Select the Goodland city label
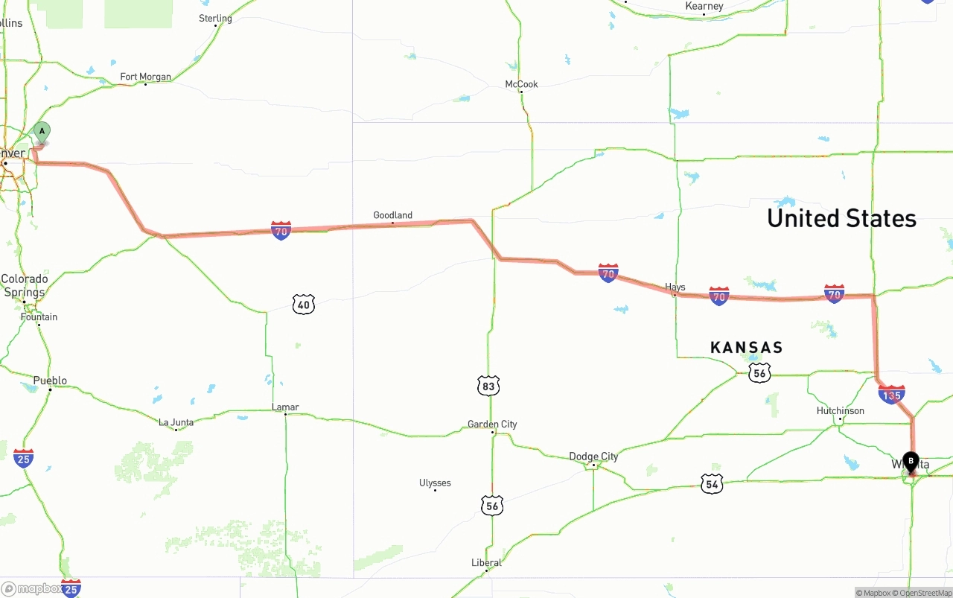(x=392, y=215)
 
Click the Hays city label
(x=675, y=287)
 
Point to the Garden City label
(x=492, y=424)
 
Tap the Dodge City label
(x=593, y=457)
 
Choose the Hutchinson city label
(x=841, y=411)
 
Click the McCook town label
(x=521, y=84)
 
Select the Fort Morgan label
(x=145, y=77)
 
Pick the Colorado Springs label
(x=25, y=286)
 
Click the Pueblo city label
(x=50, y=381)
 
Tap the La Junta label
(x=176, y=422)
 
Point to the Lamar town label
(x=285, y=407)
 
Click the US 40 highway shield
(x=304, y=304)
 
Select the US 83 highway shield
(x=488, y=386)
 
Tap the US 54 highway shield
(x=712, y=483)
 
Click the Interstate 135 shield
(x=891, y=394)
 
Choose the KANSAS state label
(x=746, y=348)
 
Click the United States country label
(x=841, y=218)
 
